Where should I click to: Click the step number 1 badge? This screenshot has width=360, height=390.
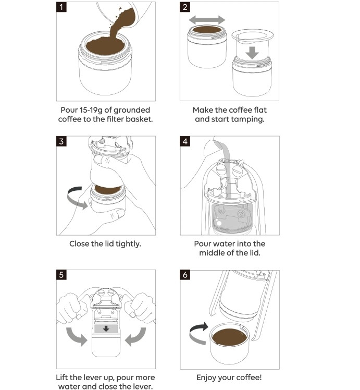point(61,7)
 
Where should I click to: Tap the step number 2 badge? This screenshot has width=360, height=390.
point(185,7)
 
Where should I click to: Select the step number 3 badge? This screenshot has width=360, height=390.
point(61,141)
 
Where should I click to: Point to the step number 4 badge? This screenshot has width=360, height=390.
point(185,141)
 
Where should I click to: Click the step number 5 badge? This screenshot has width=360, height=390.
point(61,275)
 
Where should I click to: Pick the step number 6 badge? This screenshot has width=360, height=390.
point(185,275)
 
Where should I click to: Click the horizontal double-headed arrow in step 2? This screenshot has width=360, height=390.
point(207,20)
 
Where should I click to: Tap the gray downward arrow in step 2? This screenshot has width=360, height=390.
point(252,53)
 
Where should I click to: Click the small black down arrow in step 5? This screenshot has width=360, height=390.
point(106,329)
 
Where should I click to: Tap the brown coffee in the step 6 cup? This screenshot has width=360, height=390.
point(229,337)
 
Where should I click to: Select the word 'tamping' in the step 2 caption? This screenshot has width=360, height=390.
point(250,119)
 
